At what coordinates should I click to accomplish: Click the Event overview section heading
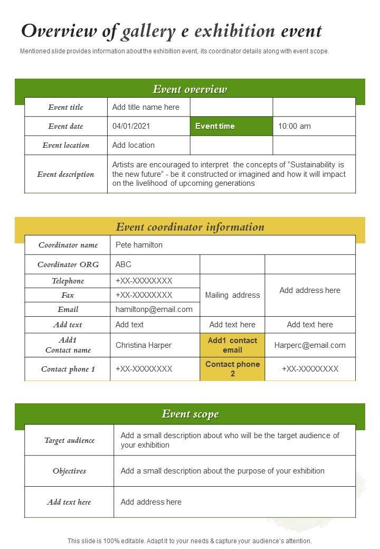pyautogui.click(x=190, y=89)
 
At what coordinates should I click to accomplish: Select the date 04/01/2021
pyautogui.click(x=131, y=126)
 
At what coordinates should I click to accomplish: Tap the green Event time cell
pyautogui.click(x=215, y=126)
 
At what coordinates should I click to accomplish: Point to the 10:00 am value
pyautogui.click(x=294, y=126)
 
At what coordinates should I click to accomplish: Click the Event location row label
pyautogui.click(x=66, y=145)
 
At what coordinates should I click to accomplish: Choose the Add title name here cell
pyautogui.click(x=146, y=107)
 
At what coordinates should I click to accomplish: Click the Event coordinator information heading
pyautogui.click(x=190, y=228)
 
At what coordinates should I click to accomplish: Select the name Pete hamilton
pyautogui.click(x=139, y=245)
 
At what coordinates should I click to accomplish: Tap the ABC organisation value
pyautogui.click(x=123, y=264)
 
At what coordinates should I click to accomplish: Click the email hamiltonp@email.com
pyautogui.click(x=154, y=309)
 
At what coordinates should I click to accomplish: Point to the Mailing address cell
pyautogui.click(x=232, y=295)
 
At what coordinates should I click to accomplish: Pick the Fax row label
pyautogui.click(x=68, y=295)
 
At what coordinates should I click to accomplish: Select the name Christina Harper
pyautogui.click(x=144, y=345)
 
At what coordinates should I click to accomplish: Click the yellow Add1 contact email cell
pyautogui.click(x=232, y=345)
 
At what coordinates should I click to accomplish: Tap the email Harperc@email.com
pyautogui.click(x=310, y=345)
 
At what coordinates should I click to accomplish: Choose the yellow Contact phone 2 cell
pyautogui.click(x=232, y=369)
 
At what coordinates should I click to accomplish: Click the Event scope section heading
pyautogui.click(x=190, y=414)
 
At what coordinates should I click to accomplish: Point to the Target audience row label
pyautogui.click(x=69, y=440)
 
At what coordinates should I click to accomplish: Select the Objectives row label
pyautogui.click(x=69, y=471)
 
